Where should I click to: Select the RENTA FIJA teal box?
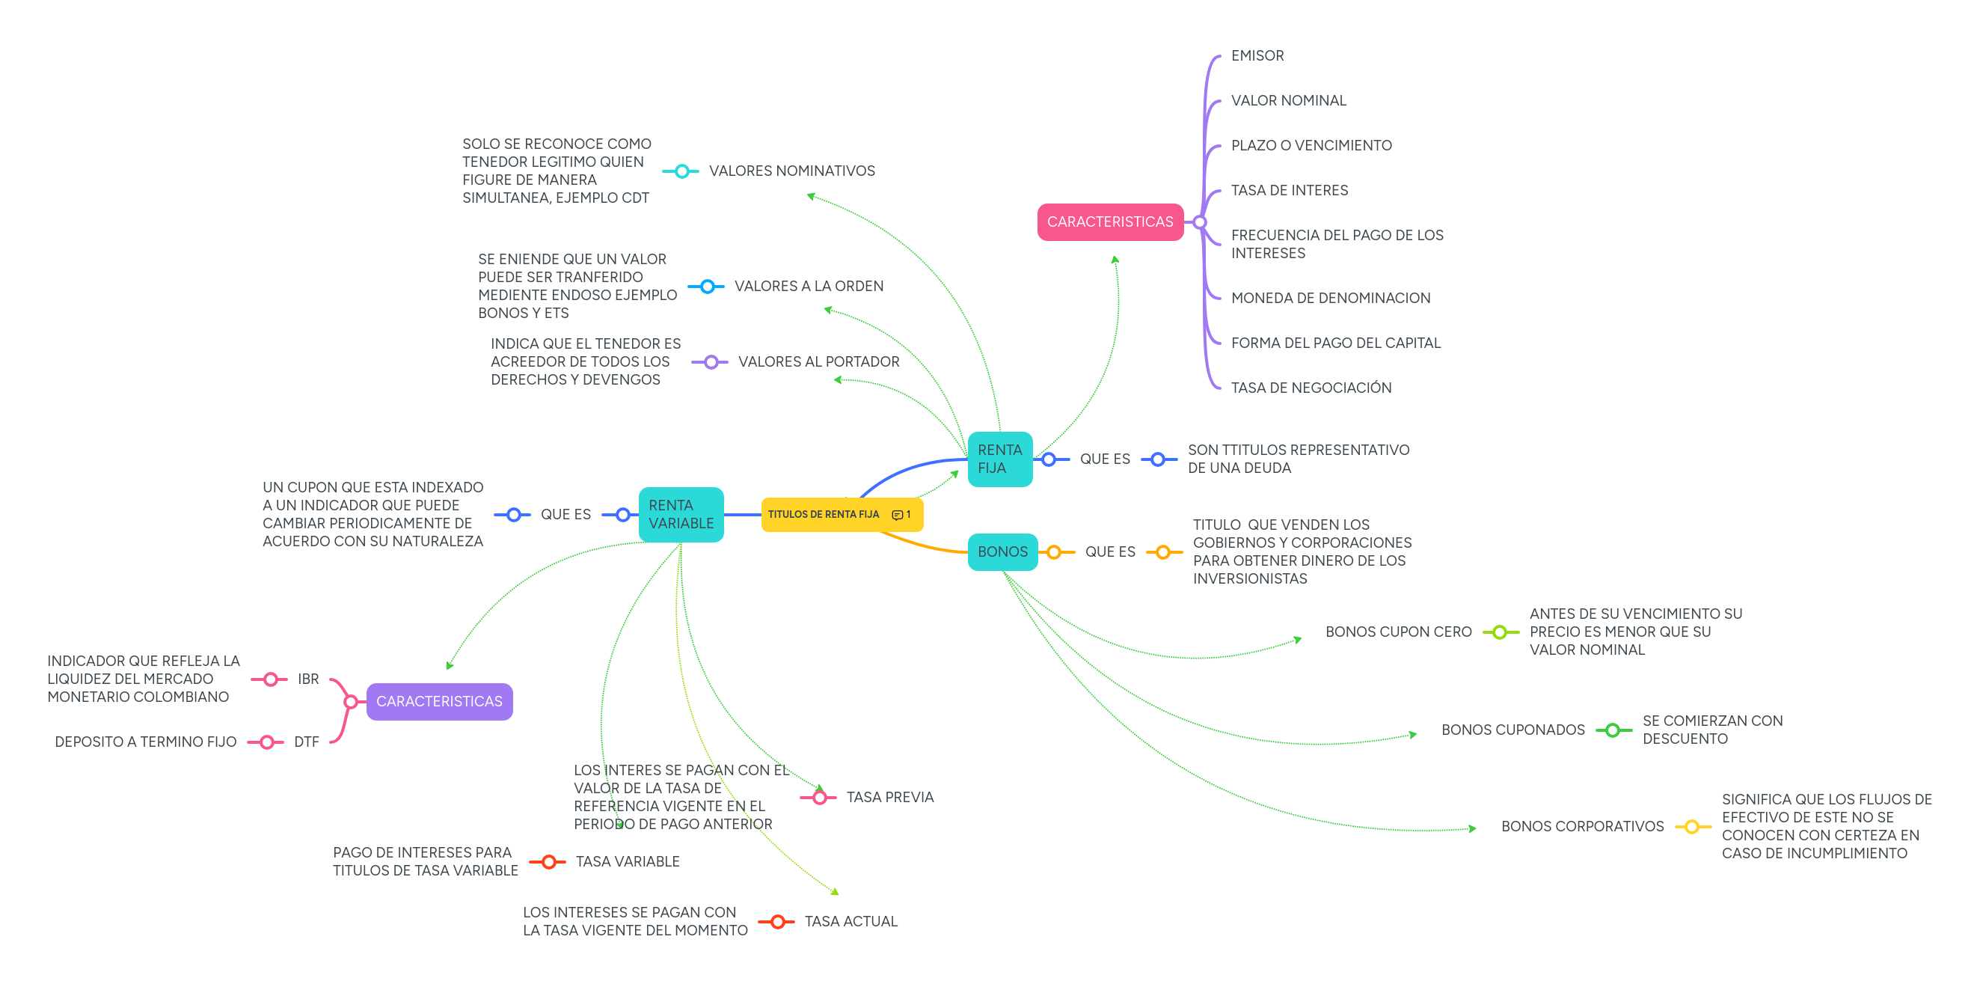pyautogui.click(x=999, y=459)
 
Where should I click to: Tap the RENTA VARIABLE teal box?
pyautogui.click(x=680, y=514)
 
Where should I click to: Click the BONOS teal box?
pyautogui.click(x=1002, y=552)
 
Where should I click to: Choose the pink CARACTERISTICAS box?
pyautogui.click(x=1109, y=222)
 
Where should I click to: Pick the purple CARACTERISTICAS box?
pyautogui.click(x=439, y=702)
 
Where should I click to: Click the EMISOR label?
pyautogui.click(x=1257, y=56)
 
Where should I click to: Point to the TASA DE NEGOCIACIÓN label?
pyautogui.click(x=1311, y=388)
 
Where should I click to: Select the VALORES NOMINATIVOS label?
pyautogui.click(x=791, y=171)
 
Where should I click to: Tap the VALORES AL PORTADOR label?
pyautogui.click(x=818, y=362)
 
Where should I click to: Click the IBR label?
pyautogui.click(x=308, y=679)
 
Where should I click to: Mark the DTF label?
pyautogui.click(x=307, y=742)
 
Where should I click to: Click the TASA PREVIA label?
pyautogui.click(x=890, y=798)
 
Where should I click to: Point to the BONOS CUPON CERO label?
pyautogui.click(x=1398, y=632)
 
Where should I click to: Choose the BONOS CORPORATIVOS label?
pyautogui.click(x=1582, y=827)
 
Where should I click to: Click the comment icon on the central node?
pyautogui.click(x=897, y=515)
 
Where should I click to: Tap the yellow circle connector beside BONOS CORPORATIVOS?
pyautogui.click(x=1692, y=827)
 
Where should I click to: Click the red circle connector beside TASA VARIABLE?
pyautogui.click(x=548, y=863)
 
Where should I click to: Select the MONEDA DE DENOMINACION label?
pyautogui.click(x=1331, y=299)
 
